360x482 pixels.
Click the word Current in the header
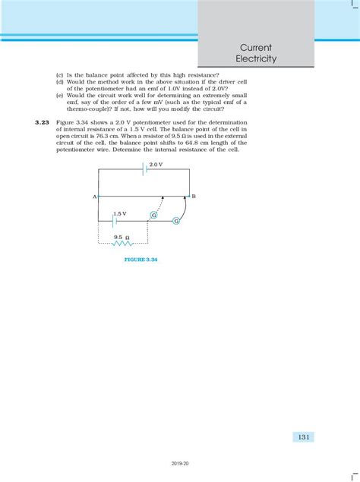pyautogui.click(x=257, y=46)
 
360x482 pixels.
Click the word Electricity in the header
pyautogui.click(x=257, y=58)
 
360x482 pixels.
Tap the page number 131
pyautogui.click(x=302, y=436)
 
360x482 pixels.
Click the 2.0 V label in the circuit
pyautogui.click(x=156, y=164)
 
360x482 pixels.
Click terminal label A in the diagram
pyautogui.click(x=93, y=197)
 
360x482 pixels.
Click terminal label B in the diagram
pyautogui.click(x=194, y=197)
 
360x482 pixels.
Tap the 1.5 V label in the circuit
pyautogui.click(x=119, y=214)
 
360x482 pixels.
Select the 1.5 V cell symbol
pyautogui.click(x=115, y=222)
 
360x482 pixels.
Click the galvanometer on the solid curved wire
pyautogui.click(x=175, y=221)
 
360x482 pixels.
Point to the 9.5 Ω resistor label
pyautogui.click(x=122, y=237)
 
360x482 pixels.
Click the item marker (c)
pyautogui.click(x=60, y=77)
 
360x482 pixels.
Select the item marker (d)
pyautogui.click(x=60, y=83)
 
